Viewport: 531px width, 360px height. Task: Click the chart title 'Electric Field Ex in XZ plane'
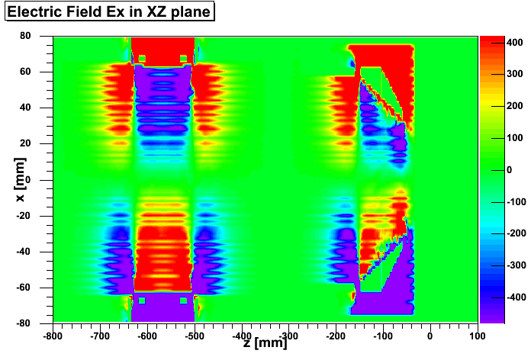tap(108, 12)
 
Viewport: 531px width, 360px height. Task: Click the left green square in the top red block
tap(141, 58)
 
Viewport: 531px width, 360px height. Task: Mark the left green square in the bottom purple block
tap(141, 301)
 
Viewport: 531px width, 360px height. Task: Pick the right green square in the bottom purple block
tap(183, 301)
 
